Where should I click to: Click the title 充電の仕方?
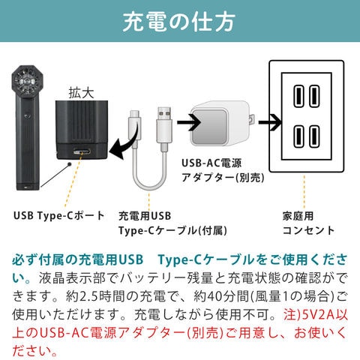tap(179, 22)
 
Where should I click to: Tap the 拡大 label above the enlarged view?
tap(82, 93)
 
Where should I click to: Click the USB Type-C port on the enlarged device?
tap(82, 151)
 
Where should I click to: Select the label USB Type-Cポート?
tap(59, 216)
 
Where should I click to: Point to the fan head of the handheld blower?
tap(27, 81)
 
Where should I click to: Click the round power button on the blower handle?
tap(27, 115)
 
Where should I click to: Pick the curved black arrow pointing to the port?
tap(124, 144)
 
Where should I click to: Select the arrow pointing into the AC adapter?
tap(189, 122)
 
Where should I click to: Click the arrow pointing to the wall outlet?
tap(270, 122)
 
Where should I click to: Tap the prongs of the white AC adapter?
tap(252, 120)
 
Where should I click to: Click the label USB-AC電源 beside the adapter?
tap(211, 163)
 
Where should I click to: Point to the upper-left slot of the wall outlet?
tap(298, 96)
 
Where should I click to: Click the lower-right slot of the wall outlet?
tap(314, 136)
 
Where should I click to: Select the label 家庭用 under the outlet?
tap(298, 216)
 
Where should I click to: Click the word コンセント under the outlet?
tap(308, 230)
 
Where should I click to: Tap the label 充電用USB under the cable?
tap(145, 216)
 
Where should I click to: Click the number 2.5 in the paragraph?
tap(88, 296)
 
